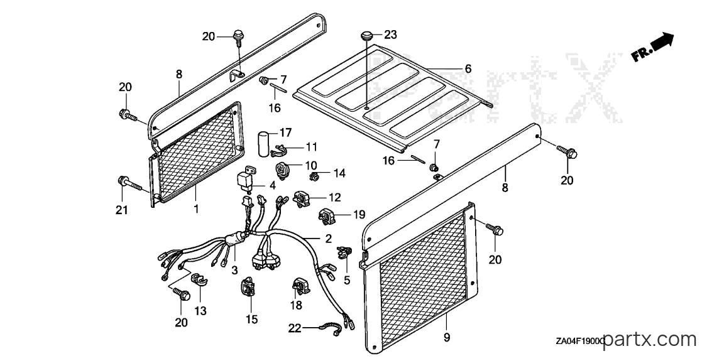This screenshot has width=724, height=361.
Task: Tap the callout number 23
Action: point(390,35)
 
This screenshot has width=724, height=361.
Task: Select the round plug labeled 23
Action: point(367,36)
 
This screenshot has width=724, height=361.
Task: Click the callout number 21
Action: point(121,211)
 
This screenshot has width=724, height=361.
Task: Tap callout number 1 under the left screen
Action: point(196,209)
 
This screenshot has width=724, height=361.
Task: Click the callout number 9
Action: point(446,338)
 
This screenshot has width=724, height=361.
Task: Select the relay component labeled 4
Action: point(245,180)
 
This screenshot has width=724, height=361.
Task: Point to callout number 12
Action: point(334,197)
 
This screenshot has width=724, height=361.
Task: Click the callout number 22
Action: point(295,328)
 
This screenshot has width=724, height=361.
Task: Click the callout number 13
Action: point(200,311)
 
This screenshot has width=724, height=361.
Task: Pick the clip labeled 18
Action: point(300,286)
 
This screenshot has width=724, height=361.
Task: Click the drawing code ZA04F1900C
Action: point(580,342)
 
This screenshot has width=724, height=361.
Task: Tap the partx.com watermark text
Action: point(649,340)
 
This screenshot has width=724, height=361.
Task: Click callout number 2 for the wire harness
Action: point(328,239)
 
